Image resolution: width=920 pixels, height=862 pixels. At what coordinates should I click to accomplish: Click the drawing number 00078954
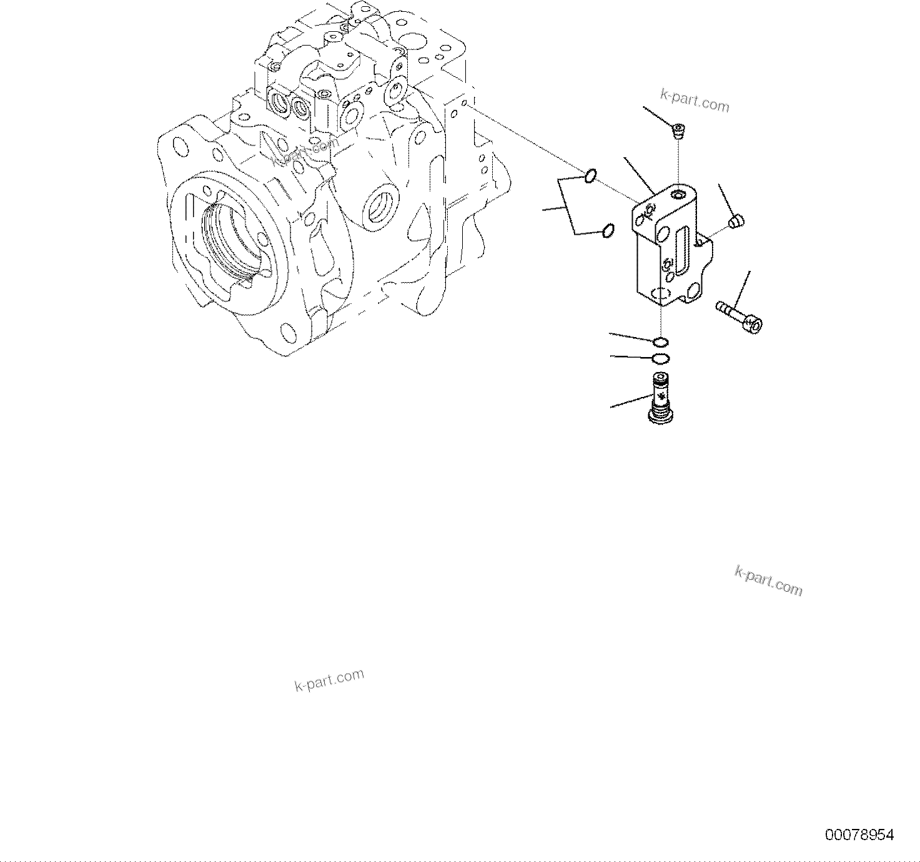tap(859, 835)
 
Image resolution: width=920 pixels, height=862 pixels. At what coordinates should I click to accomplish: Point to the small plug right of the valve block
tap(736, 222)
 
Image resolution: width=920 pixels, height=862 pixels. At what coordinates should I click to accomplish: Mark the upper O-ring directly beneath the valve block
tap(661, 341)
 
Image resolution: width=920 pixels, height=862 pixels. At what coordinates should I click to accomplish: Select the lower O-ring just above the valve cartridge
tap(660, 358)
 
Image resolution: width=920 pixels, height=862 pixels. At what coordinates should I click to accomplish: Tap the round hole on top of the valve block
tap(679, 197)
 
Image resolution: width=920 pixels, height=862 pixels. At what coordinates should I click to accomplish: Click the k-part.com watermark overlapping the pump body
tap(305, 153)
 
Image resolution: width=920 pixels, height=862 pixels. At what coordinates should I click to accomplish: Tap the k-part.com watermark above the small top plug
tap(695, 100)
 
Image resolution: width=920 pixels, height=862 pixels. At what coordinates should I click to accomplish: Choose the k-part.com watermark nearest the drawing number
tap(768, 581)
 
